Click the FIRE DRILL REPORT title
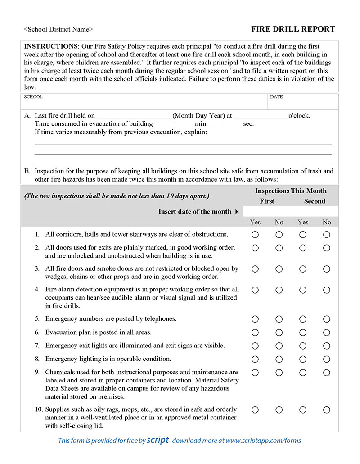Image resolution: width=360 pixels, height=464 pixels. coord(293,29)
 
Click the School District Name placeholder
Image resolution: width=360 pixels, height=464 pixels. coord(58,29)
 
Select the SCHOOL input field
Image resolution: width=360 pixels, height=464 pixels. coord(144,104)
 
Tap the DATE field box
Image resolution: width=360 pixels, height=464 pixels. coord(302,104)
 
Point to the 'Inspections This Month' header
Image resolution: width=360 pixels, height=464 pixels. coord(291,191)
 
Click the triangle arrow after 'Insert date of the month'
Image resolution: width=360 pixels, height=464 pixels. coord(237,212)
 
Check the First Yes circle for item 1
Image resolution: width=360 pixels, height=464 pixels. coord(255,234)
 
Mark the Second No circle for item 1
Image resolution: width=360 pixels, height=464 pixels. coord(326,234)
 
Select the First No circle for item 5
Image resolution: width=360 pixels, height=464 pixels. coord(279,319)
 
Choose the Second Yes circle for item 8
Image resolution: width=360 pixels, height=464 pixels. coord(303,359)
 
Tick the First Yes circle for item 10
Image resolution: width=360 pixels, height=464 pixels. coord(255,409)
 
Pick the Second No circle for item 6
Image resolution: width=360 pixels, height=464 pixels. coord(326,332)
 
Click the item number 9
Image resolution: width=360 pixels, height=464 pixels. coord(37,373)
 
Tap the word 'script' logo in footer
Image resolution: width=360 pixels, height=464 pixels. coord(158,440)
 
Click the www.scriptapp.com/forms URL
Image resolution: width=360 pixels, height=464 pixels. coord(263,441)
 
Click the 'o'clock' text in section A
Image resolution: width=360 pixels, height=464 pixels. coord(299,116)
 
